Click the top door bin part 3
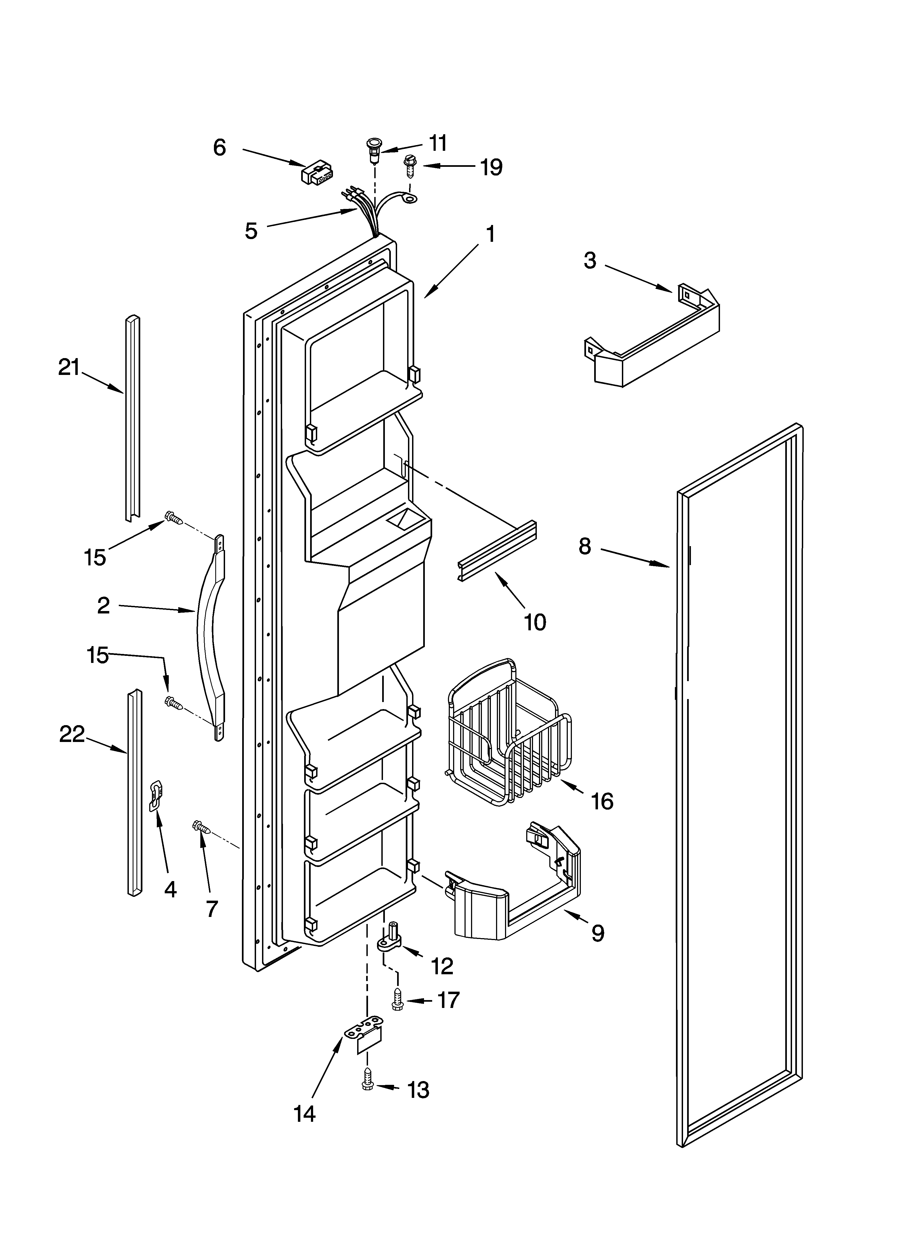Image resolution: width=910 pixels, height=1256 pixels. tap(654, 338)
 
